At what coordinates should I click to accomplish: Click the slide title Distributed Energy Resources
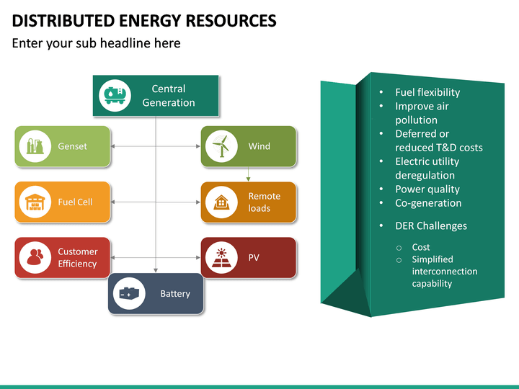[144, 20]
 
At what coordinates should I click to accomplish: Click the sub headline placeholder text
[96, 43]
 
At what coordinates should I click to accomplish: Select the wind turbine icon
[221, 146]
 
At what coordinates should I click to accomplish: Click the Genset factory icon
[35, 146]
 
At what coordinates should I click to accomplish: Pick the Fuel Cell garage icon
[35, 202]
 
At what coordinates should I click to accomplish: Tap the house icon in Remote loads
[221, 202]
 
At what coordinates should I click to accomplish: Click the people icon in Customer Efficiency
[35, 258]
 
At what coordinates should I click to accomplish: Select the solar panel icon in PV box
[221, 258]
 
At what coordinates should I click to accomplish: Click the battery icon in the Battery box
[129, 294]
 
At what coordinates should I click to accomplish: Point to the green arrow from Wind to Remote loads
[249, 174]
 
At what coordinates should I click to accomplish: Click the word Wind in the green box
[259, 146]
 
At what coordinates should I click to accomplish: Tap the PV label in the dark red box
[254, 258]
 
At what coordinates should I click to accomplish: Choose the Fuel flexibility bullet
[427, 92]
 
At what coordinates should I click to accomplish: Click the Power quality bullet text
[427, 189]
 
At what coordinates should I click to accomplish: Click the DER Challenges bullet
[430, 225]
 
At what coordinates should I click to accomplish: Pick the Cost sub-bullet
[421, 247]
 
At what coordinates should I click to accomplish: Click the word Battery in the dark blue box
[175, 294]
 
